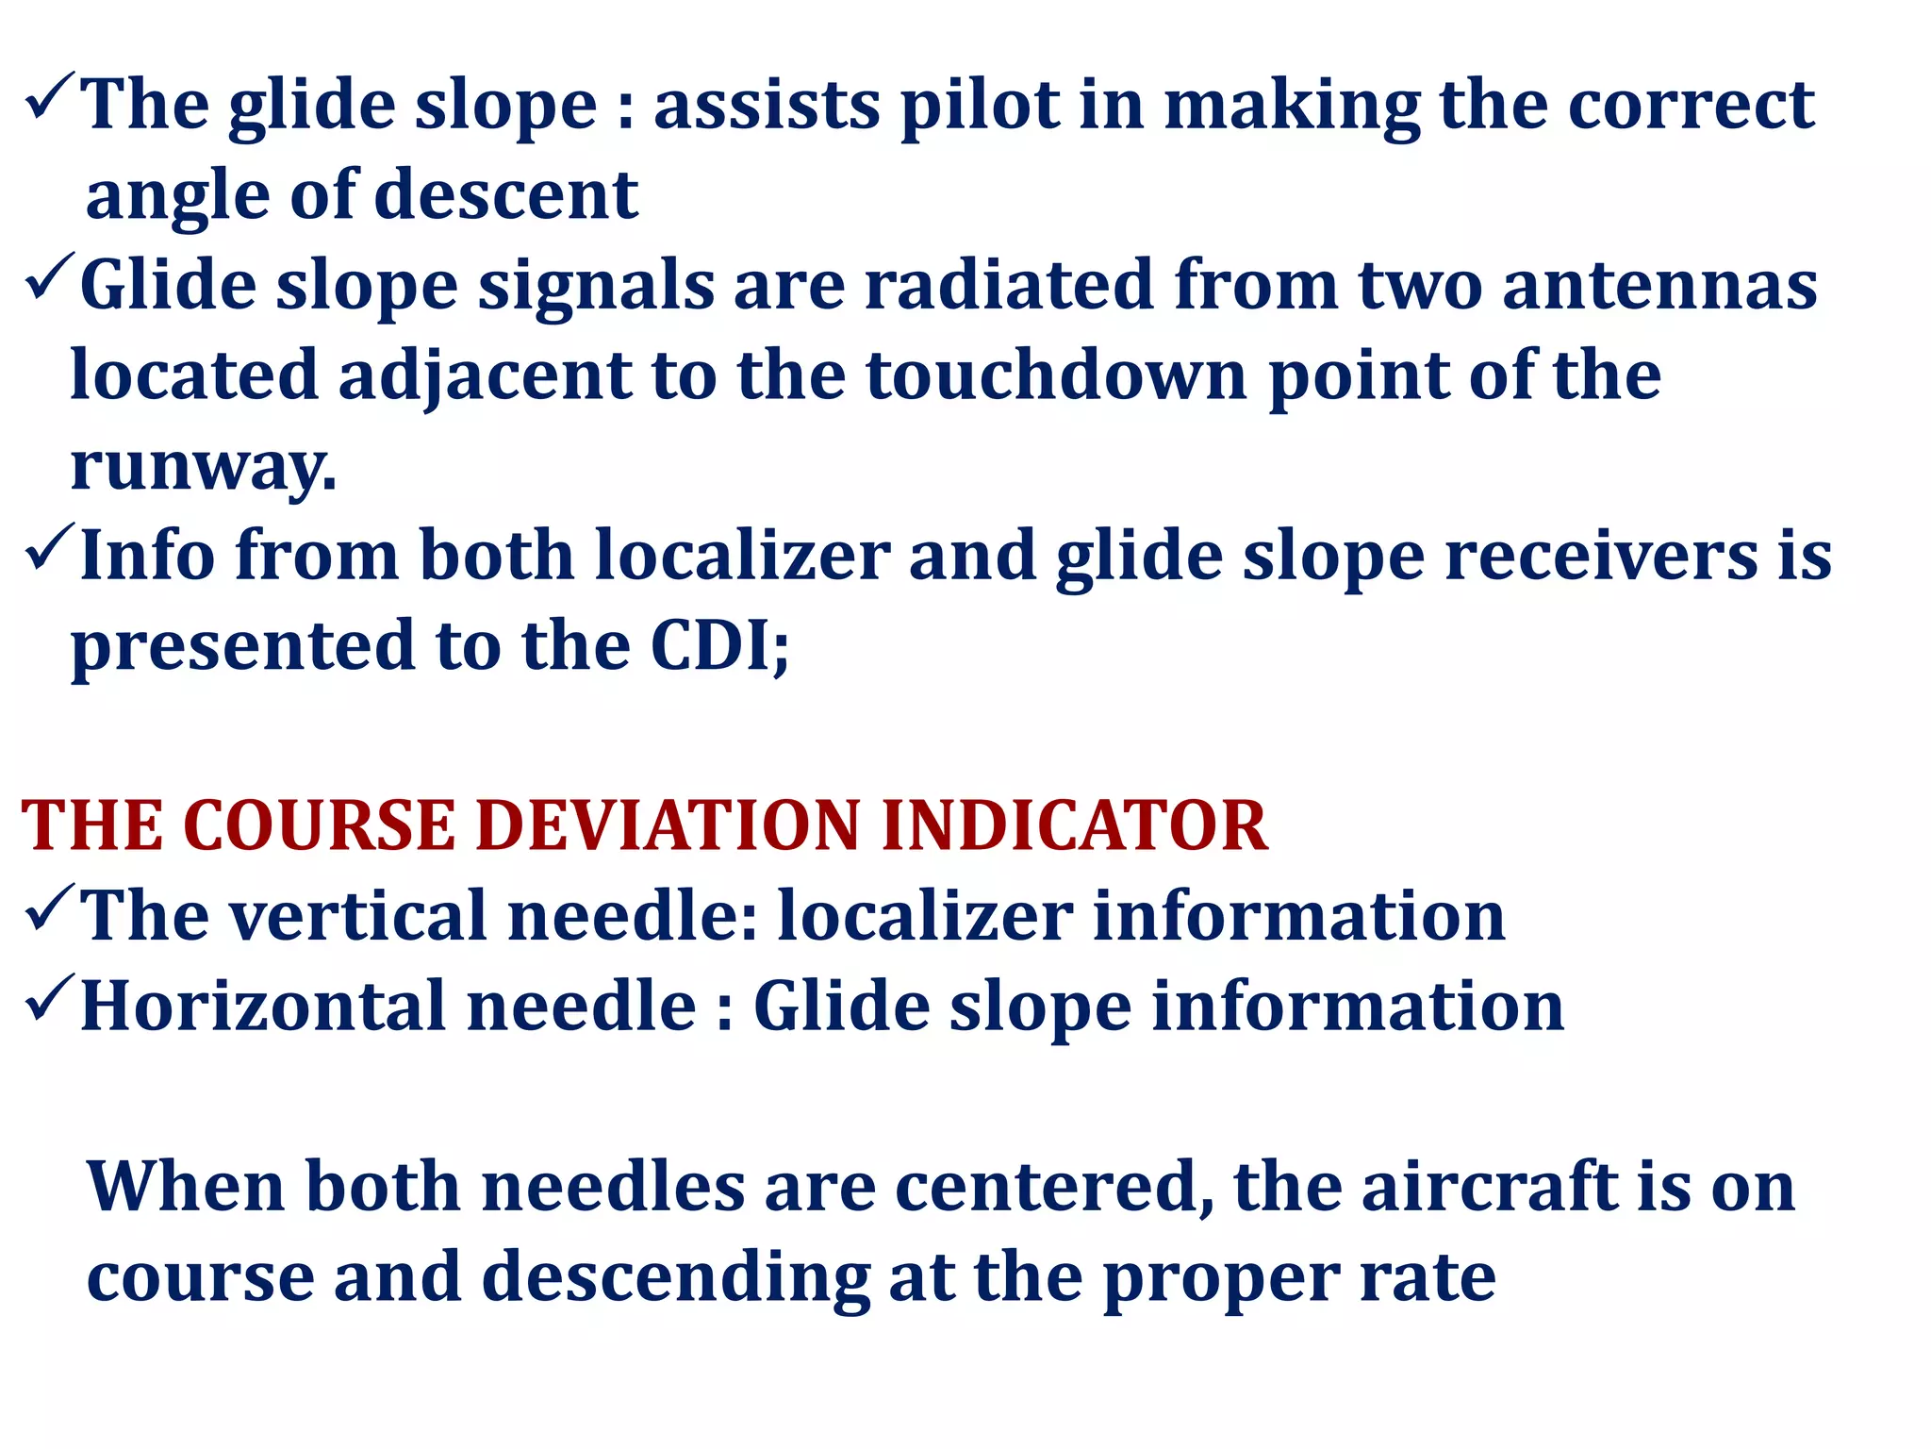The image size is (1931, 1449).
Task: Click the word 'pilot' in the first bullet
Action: click(x=980, y=106)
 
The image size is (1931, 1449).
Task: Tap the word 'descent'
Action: click(x=506, y=195)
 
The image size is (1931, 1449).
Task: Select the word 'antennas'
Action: click(x=1659, y=285)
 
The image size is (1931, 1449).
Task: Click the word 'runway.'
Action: click(x=203, y=466)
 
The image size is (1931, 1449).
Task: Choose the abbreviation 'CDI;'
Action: click(x=719, y=646)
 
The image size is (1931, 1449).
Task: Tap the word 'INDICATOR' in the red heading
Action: click(x=1074, y=826)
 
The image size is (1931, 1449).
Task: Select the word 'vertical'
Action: click(x=357, y=916)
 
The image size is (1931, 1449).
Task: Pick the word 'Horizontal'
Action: click(x=263, y=1007)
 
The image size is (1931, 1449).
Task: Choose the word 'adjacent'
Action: click(x=485, y=375)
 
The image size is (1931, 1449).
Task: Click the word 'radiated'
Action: click(x=1009, y=285)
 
